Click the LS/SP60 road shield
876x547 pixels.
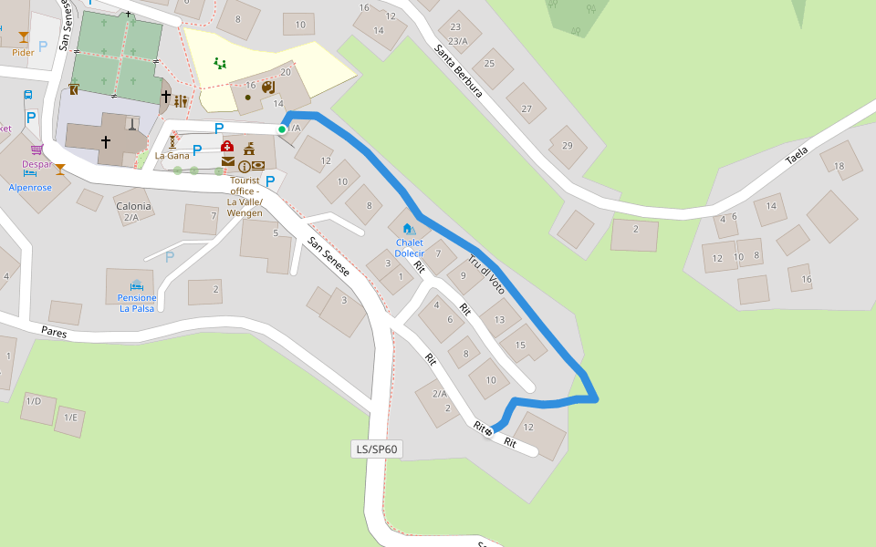click(375, 449)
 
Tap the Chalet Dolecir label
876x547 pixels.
click(409, 247)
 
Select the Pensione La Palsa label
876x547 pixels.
click(137, 303)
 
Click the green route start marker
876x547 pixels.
click(282, 129)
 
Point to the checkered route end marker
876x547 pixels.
click(489, 431)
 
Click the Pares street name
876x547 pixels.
click(54, 333)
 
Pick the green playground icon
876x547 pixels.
click(219, 63)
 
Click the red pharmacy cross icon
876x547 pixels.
click(227, 147)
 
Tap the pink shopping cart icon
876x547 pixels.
click(36, 150)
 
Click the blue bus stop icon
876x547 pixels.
click(28, 95)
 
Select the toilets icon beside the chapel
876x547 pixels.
click(181, 101)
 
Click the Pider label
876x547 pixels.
click(23, 53)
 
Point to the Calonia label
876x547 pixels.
click(133, 207)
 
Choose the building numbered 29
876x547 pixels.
click(567, 146)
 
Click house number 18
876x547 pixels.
click(839, 165)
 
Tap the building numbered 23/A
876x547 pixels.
click(457, 41)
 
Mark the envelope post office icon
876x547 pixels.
click(228, 161)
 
